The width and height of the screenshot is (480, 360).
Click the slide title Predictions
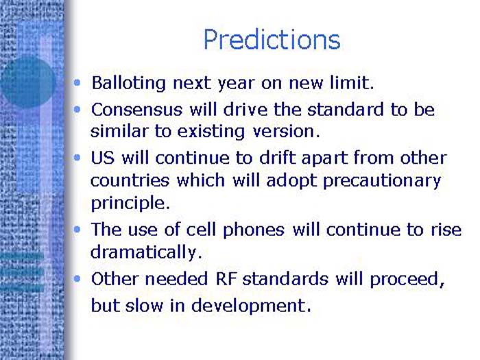pyautogui.click(x=272, y=39)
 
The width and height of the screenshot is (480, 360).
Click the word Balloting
pyautogui.click(x=129, y=84)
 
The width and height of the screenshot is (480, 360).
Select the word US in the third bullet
pyautogui.click(x=103, y=158)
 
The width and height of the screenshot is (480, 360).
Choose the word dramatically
pyautogui.click(x=146, y=252)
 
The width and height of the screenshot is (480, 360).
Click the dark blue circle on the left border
pyautogui.click(x=26, y=83)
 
